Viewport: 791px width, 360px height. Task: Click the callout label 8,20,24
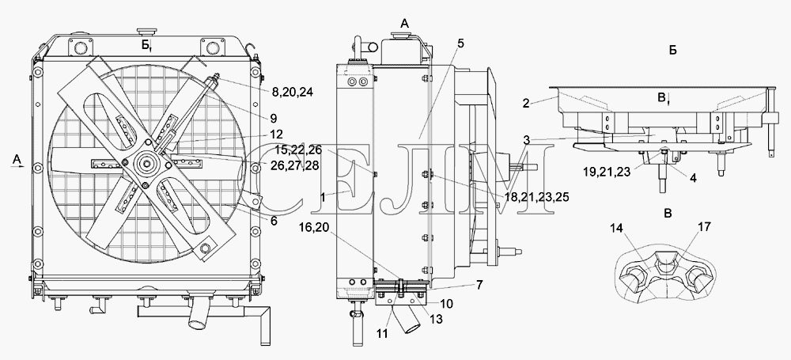(x=292, y=92)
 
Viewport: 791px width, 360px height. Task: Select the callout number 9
(x=273, y=119)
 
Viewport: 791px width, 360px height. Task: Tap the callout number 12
(x=276, y=135)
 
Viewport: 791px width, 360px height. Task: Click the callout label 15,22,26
(x=297, y=150)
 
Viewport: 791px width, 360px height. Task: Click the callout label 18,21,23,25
(x=536, y=196)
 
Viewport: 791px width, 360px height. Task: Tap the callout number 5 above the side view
(x=460, y=44)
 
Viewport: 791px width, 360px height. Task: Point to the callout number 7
(x=479, y=286)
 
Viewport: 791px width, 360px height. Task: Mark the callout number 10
(x=446, y=304)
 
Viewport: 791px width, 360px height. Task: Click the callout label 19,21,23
(x=607, y=171)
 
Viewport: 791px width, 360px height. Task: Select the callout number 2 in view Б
(x=526, y=104)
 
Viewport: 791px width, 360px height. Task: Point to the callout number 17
(x=704, y=227)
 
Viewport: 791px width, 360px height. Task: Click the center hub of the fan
(x=148, y=162)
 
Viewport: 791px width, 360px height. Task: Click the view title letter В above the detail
(x=668, y=214)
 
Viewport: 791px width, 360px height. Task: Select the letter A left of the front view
(x=17, y=160)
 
